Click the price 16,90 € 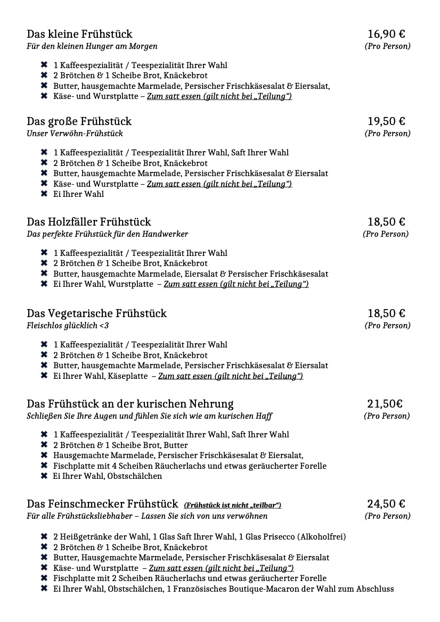tap(386, 34)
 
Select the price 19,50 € tap(386, 121)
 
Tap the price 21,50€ tap(385, 404)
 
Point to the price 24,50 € tap(386, 504)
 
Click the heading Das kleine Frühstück tap(79, 34)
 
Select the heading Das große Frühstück tap(79, 121)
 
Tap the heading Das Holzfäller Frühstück tap(89, 222)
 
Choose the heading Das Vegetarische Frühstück tap(96, 313)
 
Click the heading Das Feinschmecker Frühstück tap(102, 504)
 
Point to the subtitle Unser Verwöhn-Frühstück tap(75, 134)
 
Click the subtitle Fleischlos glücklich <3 tap(68, 326)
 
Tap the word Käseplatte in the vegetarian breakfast tap(127, 376)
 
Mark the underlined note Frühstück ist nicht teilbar tap(232, 505)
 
